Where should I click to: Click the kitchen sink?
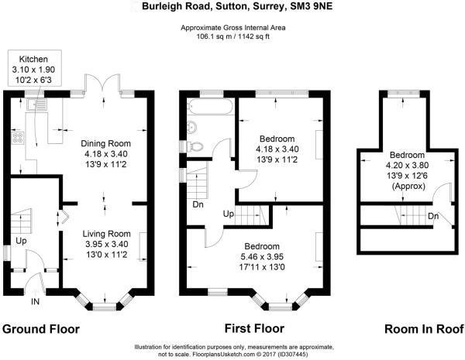pos(37,105)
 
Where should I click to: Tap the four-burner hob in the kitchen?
pos(18,138)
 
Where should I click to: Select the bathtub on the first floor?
pos(211,106)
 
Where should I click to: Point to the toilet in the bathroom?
pos(195,146)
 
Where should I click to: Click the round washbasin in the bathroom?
pos(192,127)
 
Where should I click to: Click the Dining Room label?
pos(106,144)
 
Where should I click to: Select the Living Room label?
pos(106,234)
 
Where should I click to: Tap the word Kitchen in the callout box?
pos(33,59)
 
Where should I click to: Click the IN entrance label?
pos(36,302)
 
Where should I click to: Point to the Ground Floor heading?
pos(41,329)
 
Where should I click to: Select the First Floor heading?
pos(254,328)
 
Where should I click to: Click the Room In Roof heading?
pos(424,329)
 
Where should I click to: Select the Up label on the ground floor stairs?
pos(21,242)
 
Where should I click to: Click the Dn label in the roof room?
pos(433,216)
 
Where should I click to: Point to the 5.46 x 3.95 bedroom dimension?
pos(262,256)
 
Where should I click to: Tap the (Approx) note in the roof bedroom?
pos(408,187)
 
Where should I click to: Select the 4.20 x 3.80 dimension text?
pos(407,165)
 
